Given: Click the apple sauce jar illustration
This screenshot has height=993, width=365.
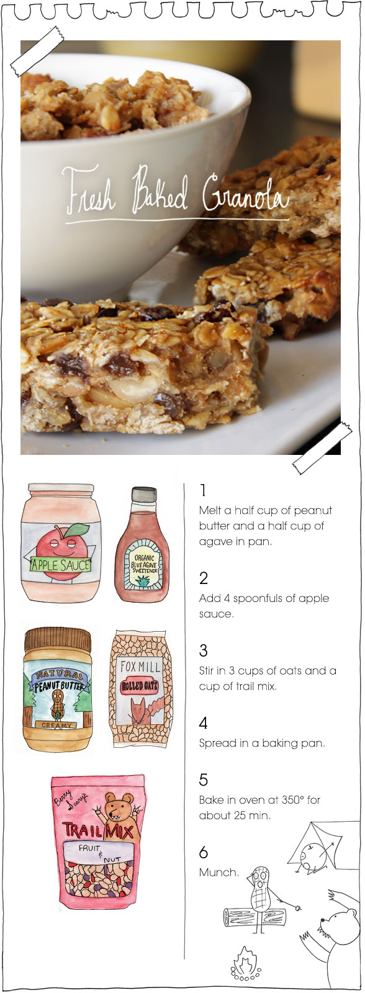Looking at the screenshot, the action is point(61,542).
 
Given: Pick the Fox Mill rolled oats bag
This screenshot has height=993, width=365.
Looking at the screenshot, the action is point(139,688).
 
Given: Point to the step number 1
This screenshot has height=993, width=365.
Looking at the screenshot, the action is point(203,490).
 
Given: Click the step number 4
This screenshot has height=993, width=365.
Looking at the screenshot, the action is point(203,723).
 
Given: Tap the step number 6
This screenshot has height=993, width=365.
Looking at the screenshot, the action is point(204,852).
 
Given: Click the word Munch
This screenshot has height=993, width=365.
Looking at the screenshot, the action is point(219,872).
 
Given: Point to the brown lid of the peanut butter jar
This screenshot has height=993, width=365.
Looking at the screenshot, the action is point(58,639).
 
